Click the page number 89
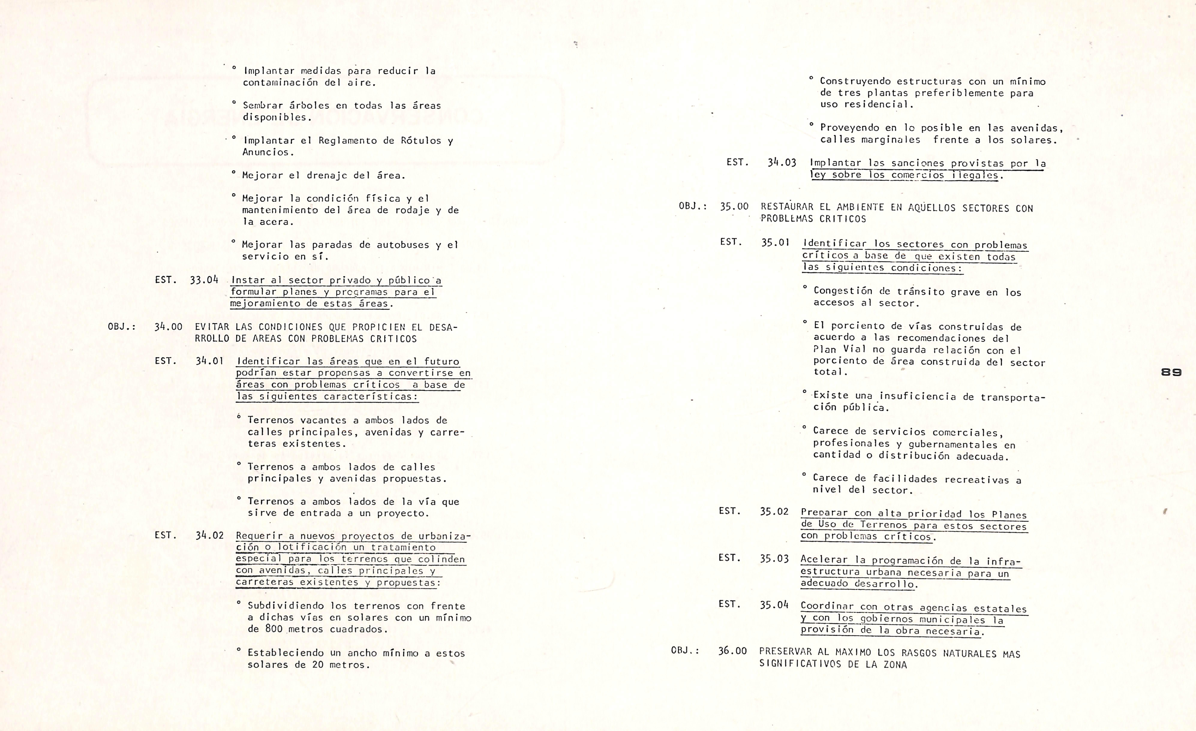(x=1171, y=372)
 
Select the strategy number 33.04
(x=204, y=280)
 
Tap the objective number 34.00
(x=168, y=327)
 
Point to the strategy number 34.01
(x=210, y=361)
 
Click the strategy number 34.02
(x=210, y=535)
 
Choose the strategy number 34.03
(x=782, y=163)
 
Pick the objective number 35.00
(x=734, y=206)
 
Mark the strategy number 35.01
(x=775, y=242)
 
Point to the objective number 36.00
(x=733, y=651)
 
